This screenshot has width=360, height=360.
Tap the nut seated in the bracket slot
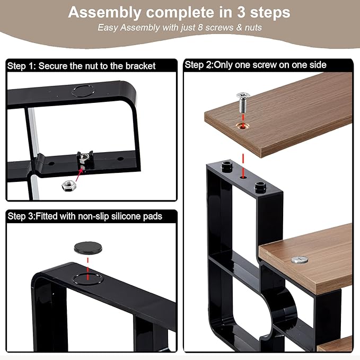(x=84, y=157)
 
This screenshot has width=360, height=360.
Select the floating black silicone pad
(x=88, y=248)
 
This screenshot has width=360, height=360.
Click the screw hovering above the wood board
(x=243, y=102)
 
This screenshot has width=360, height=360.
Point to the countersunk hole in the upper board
(x=243, y=126)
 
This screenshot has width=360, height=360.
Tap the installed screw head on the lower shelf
(x=300, y=259)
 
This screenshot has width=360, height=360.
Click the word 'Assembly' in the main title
(x=104, y=13)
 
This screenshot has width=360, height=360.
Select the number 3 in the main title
(x=241, y=12)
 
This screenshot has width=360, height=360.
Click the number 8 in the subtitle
(x=200, y=28)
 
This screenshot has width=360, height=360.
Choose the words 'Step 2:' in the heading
(x=199, y=65)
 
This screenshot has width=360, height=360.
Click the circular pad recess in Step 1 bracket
(x=83, y=91)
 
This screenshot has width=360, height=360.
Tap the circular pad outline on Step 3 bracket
(x=87, y=279)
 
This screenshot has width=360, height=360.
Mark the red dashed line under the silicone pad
(x=87, y=268)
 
